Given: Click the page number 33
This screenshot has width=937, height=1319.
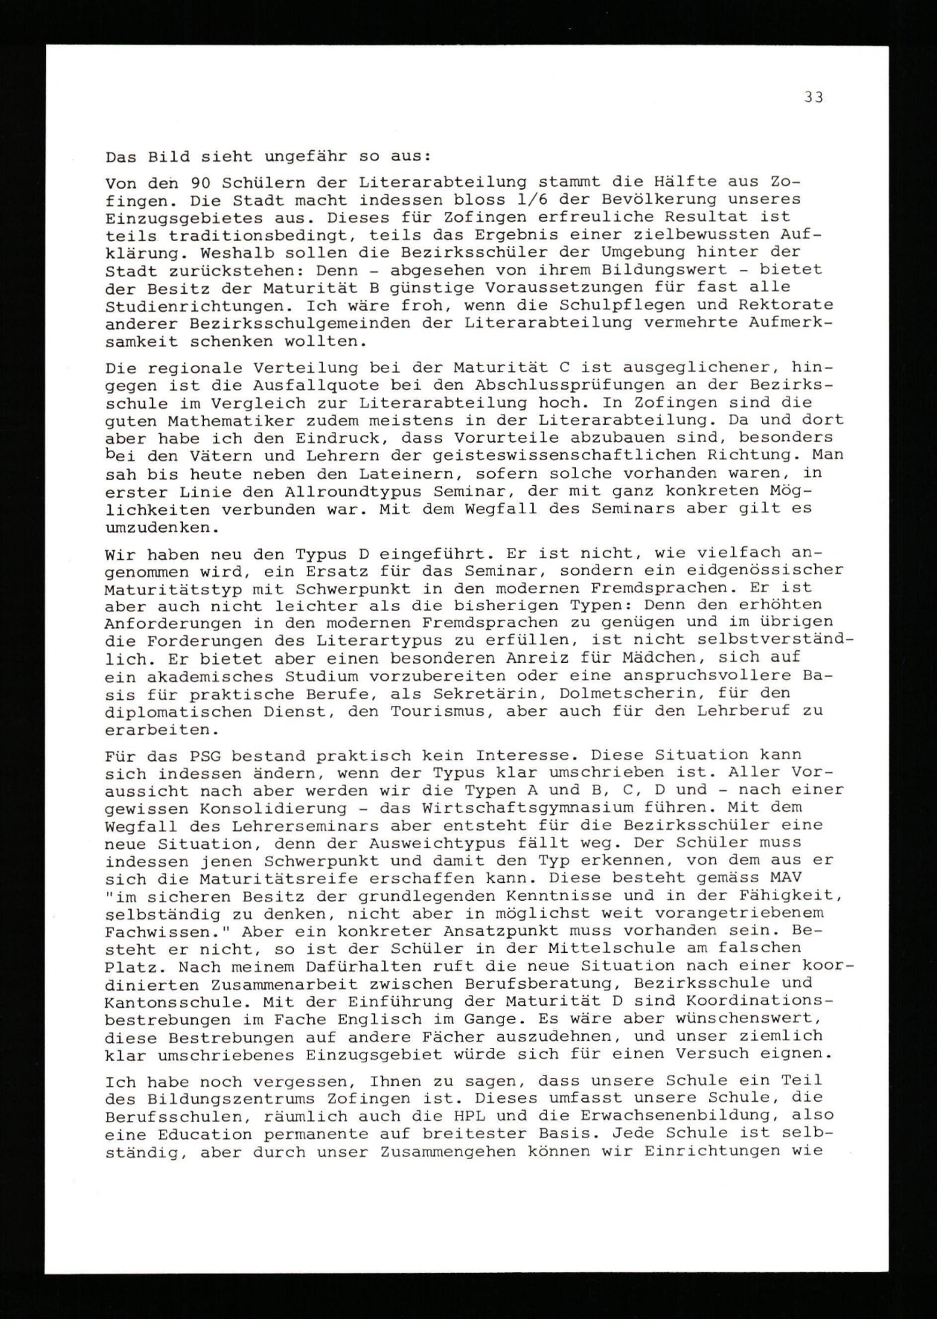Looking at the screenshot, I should [813, 97].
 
